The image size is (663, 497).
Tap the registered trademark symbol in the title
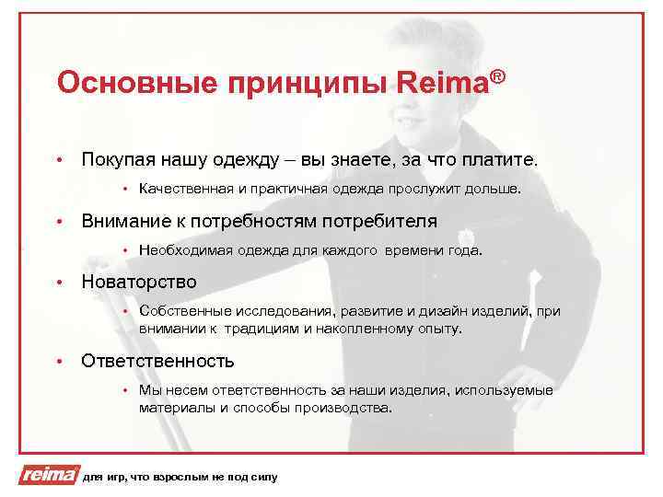498,75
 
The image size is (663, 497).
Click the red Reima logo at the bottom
46,475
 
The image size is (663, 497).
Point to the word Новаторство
139,282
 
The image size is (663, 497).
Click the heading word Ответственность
157,360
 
